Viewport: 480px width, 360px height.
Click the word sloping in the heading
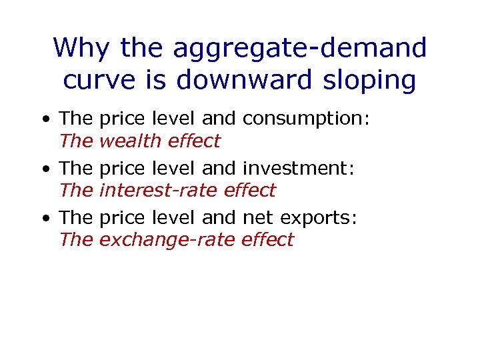374,81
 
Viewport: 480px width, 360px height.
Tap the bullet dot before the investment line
45,169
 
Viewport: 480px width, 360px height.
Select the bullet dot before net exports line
45,219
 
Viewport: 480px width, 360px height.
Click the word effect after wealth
193,141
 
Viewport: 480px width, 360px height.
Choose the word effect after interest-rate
249,190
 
